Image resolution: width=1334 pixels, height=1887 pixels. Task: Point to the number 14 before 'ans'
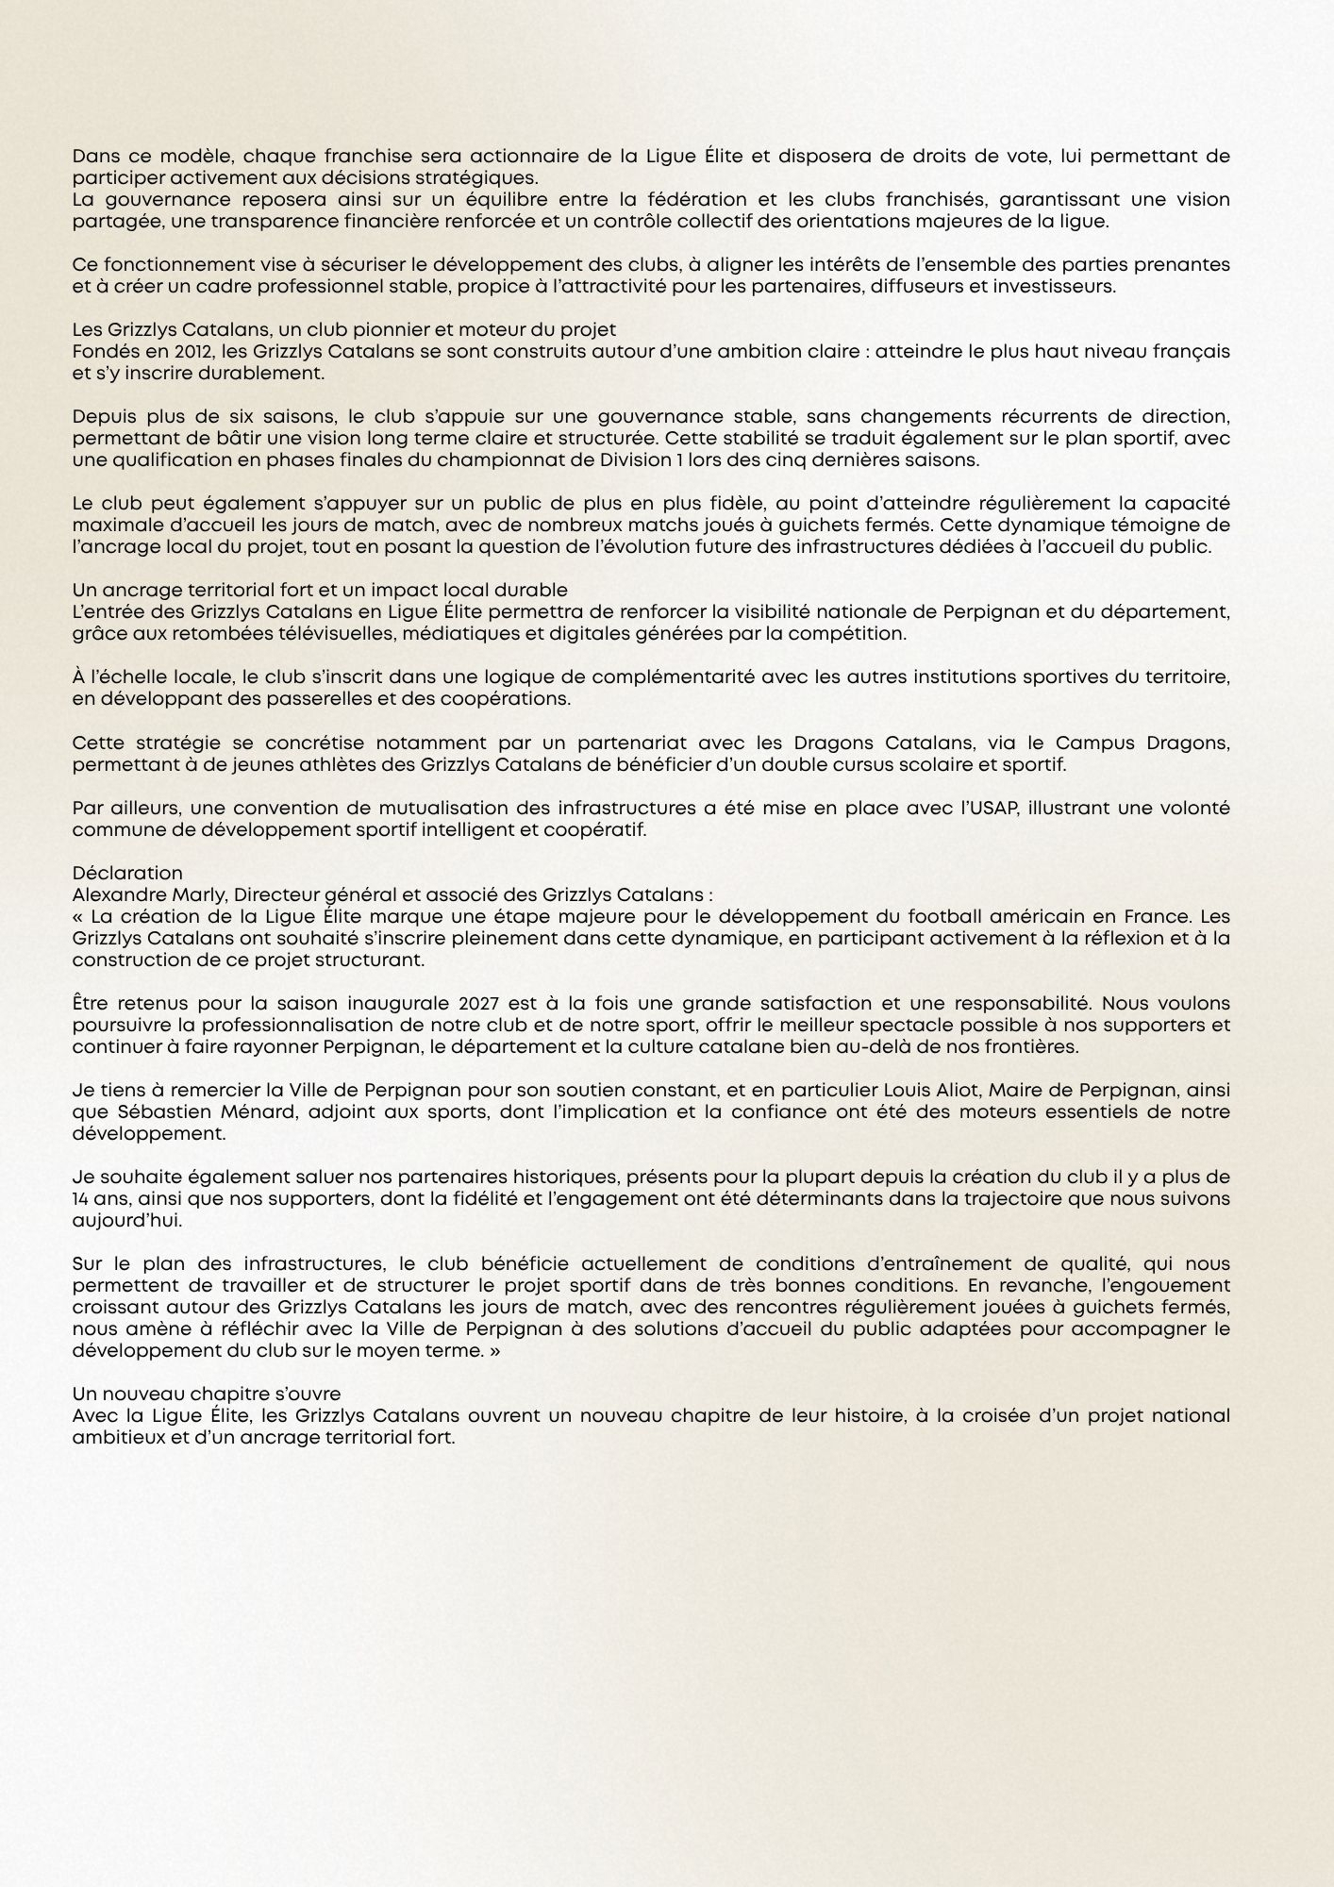81,1199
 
